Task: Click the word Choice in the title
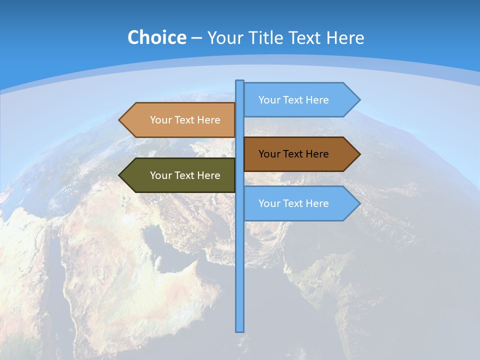click(156, 37)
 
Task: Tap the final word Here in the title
click(345, 38)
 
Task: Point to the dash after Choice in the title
click(196, 38)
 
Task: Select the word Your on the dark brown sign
click(269, 154)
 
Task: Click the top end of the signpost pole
click(240, 81)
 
